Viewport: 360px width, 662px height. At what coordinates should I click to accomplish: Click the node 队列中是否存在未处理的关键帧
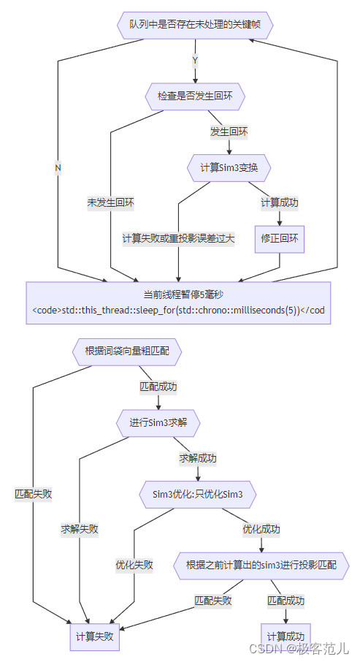click(195, 24)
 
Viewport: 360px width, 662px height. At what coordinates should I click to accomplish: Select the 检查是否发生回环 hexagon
click(195, 96)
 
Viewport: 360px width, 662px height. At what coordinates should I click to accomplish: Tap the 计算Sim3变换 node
click(229, 167)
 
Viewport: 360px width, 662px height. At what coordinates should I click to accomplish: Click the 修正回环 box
click(279, 238)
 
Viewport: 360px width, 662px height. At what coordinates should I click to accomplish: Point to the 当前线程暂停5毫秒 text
click(178, 295)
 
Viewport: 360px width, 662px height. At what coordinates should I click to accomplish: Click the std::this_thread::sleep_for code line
click(178, 310)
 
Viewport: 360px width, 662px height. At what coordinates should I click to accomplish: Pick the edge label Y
click(195, 60)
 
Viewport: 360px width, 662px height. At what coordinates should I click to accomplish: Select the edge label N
click(58, 167)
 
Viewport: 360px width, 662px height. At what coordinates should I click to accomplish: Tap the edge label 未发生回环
click(110, 202)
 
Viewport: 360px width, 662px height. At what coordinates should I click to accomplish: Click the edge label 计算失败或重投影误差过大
click(179, 238)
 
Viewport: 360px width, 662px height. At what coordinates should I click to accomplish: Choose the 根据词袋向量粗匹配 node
click(127, 351)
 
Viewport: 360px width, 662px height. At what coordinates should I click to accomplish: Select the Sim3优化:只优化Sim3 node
click(198, 495)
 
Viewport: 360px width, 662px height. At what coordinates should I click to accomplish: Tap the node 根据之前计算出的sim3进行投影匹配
click(262, 565)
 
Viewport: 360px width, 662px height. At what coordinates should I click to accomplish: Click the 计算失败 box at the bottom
click(95, 636)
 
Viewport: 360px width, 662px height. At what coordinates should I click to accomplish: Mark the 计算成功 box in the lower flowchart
click(286, 636)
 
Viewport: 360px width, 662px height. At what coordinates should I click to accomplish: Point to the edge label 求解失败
click(80, 529)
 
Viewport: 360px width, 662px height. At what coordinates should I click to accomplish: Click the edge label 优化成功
click(261, 529)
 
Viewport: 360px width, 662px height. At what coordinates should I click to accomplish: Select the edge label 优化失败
click(134, 565)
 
